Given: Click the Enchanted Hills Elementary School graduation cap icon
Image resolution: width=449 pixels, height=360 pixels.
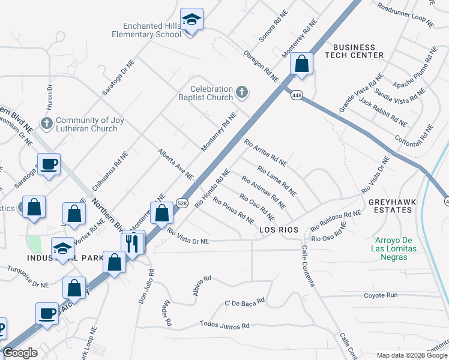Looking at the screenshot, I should (x=191, y=19).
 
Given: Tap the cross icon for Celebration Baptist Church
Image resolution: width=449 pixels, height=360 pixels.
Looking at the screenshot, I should (x=242, y=92).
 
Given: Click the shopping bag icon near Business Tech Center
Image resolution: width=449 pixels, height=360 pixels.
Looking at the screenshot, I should (x=303, y=63).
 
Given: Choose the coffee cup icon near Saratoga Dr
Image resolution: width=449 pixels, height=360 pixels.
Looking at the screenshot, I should (x=49, y=163).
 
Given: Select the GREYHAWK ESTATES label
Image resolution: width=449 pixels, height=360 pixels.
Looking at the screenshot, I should (x=392, y=206).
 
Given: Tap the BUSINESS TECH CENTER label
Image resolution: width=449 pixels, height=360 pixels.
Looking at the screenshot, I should (x=354, y=51).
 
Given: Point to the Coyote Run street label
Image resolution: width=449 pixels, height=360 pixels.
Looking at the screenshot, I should (x=381, y=295).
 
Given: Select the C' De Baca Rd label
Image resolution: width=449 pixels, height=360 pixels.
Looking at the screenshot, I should (x=244, y=302).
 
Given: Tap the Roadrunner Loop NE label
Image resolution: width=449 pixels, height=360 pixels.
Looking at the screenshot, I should (x=406, y=14).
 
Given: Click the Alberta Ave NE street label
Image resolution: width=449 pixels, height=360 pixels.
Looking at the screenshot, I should (x=175, y=164).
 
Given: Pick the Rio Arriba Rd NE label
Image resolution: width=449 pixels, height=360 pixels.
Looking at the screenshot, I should (x=265, y=152).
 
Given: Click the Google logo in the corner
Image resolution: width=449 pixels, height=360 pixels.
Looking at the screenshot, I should (x=20, y=353).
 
